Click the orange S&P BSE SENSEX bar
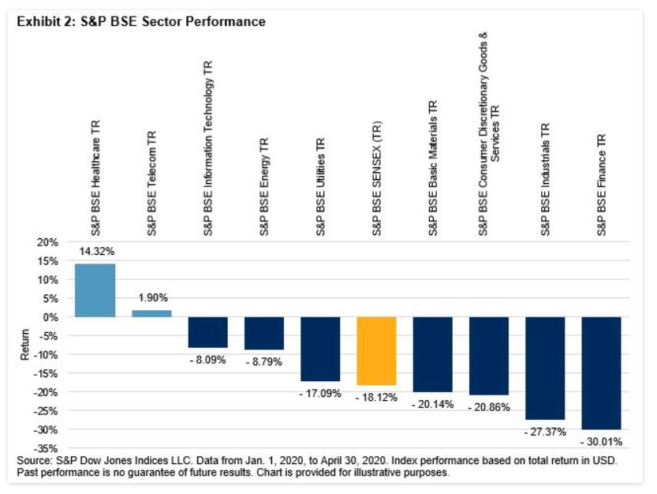[x=377, y=350]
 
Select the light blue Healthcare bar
[x=95, y=290]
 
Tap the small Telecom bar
[x=151, y=313]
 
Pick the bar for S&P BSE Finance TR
[x=602, y=372]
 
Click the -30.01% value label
[x=602, y=441]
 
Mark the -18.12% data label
[x=377, y=397]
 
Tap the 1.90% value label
[x=151, y=298]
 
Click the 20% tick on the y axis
[x=48, y=242]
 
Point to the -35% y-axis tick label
[x=46, y=448]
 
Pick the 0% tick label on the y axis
[x=51, y=317]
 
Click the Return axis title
[x=24, y=346]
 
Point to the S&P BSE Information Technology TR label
[x=208, y=148]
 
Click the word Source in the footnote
[x=33, y=459]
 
